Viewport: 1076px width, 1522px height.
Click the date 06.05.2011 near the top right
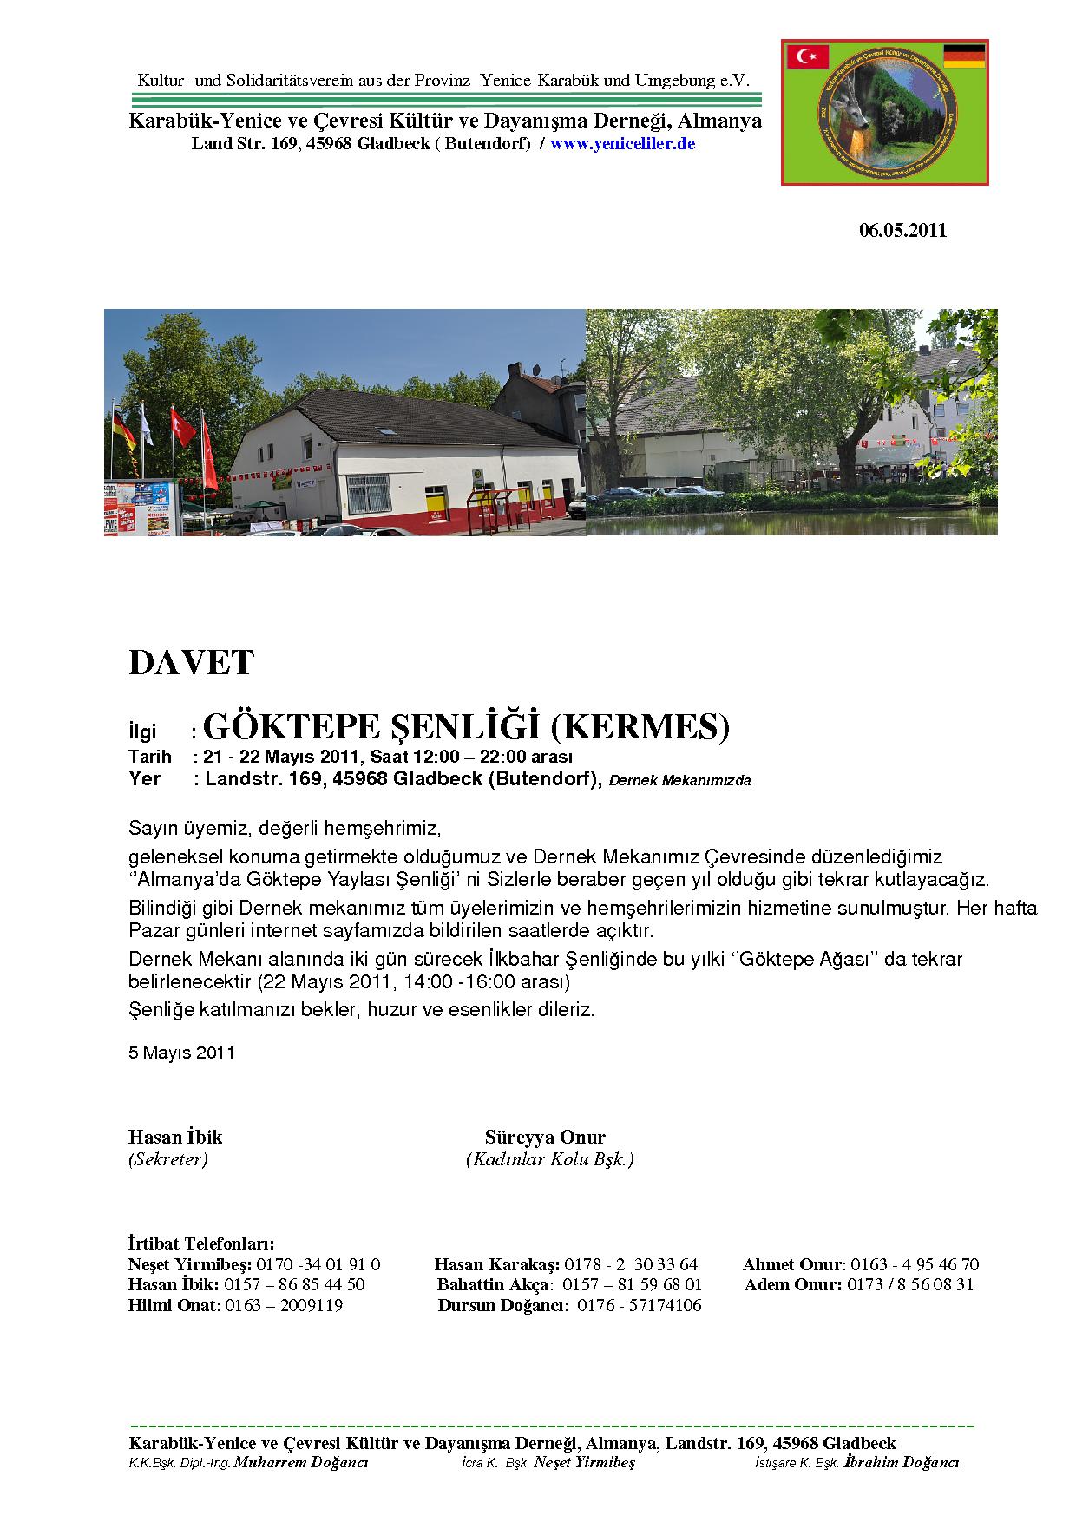tap(902, 231)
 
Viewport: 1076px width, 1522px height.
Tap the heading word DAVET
tap(191, 663)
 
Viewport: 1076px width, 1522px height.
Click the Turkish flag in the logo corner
tap(808, 57)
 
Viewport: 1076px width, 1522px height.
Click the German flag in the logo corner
tap(963, 56)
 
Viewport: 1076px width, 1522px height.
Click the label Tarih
tap(150, 757)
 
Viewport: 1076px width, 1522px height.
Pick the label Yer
tap(145, 778)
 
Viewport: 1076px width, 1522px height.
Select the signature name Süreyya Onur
tap(545, 1138)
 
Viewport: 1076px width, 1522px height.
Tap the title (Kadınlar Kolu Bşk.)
tap(549, 1159)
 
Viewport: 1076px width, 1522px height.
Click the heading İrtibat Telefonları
tap(201, 1244)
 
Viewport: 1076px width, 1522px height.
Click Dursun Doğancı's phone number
tap(640, 1306)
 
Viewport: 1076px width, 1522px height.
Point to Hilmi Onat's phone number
tap(284, 1306)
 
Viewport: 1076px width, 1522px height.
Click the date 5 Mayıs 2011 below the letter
tap(181, 1053)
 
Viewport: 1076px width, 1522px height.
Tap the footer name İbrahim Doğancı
tap(902, 1463)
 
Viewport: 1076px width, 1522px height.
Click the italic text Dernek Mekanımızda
tap(679, 780)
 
